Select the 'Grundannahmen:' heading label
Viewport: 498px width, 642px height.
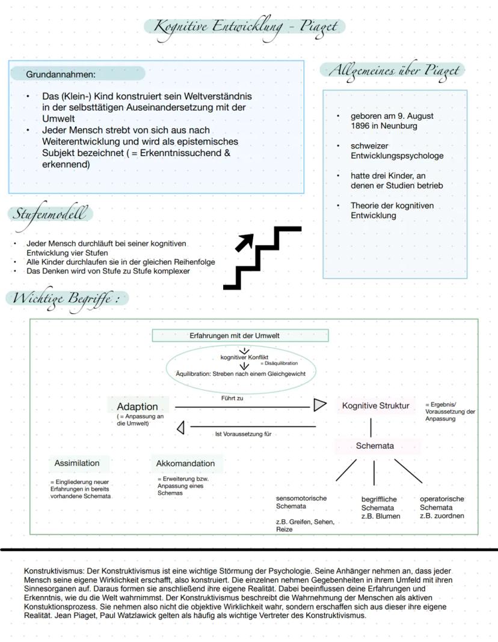tap(61, 74)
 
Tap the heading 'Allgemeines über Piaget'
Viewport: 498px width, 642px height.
tap(393, 70)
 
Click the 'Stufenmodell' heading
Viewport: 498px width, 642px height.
tap(50, 213)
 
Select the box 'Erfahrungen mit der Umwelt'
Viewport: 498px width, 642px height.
tap(240, 335)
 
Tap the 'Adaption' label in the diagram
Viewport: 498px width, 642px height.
tap(137, 407)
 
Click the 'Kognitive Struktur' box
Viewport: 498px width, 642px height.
tap(375, 405)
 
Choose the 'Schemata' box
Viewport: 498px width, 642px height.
tap(375, 446)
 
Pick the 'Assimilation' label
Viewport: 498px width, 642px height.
tap(77, 463)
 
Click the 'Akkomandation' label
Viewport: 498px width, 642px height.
tap(185, 463)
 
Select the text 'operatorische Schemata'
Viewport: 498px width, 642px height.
tap(441, 503)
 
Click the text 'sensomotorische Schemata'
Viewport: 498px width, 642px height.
tap(301, 503)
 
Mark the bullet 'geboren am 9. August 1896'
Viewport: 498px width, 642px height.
tap(392, 121)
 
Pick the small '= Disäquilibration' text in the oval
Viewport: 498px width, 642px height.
tap(278, 363)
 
